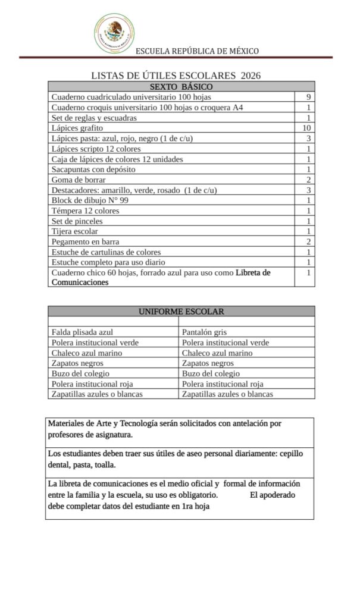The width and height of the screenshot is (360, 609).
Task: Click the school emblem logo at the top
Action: pos(116,33)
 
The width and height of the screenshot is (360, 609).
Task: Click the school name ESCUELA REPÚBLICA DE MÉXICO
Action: pos(197,51)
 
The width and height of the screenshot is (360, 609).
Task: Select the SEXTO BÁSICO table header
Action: pos(181,86)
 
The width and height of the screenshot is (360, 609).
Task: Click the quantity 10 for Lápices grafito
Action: pos(307,128)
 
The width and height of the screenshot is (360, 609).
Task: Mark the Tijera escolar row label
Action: pos(75,231)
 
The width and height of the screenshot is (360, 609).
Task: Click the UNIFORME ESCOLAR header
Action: pos(181,311)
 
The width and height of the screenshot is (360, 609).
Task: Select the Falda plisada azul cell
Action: pos(82,332)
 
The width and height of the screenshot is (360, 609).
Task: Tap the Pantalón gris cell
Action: pos(204,332)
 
